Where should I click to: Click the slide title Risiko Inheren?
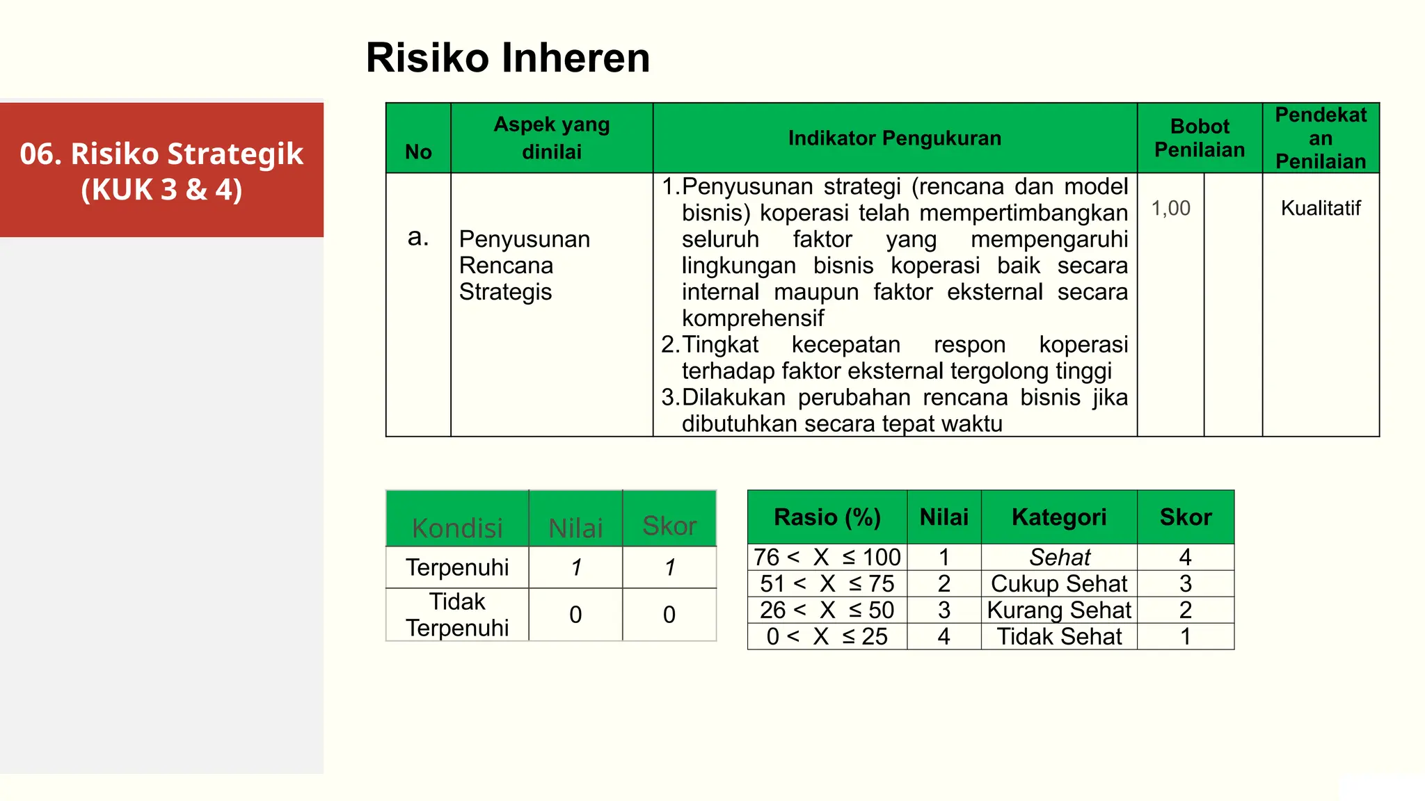pos(507,58)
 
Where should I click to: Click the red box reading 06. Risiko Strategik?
pos(161,170)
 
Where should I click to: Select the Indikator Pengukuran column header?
pos(894,138)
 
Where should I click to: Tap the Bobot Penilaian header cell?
pos(1200,138)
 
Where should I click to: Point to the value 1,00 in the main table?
pos(1170,208)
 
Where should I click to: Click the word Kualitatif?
pos(1320,208)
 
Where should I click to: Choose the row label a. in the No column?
pos(417,237)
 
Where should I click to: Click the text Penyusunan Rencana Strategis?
pos(524,265)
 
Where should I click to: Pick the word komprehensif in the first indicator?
pos(752,318)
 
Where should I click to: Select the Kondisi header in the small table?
pos(457,528)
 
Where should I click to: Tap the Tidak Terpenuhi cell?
pos(457,614)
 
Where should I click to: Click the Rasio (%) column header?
pos(827,517)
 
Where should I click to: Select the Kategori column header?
pos(1058,517)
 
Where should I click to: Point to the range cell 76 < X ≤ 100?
pos(827,557)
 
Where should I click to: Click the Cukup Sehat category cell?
pos(1058,583)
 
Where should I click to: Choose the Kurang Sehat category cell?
pos(1058,610)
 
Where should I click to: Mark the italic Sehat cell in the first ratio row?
pos(1059,557)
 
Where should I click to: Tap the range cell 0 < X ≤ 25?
pos(827,636)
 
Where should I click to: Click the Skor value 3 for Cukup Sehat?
pos(1185,583)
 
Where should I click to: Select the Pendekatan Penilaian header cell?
pos(1320,138)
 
